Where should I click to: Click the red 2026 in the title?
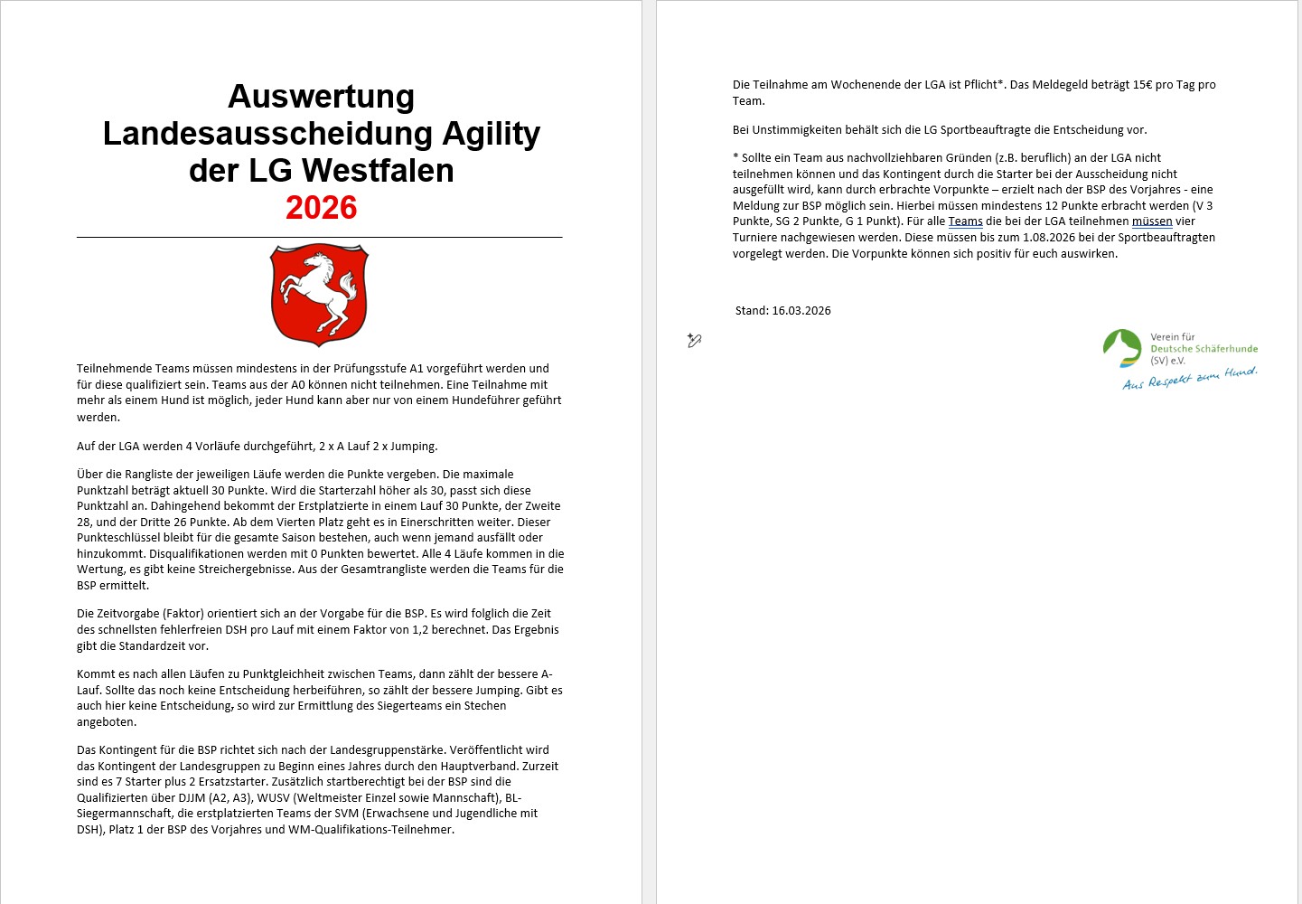(321, 208)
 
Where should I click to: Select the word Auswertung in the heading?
(321, 96)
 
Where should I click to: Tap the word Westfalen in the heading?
(378, 170)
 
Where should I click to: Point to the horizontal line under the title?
(319, 238)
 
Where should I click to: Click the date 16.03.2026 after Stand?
(801, 311)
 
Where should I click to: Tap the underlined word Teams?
(965, 221)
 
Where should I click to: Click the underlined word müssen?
(1152, 221)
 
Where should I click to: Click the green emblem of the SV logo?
(1122, 348)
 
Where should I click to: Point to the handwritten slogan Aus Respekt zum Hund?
(1189, 379)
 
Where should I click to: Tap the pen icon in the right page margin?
(694, 341)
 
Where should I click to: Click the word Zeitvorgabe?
(120, 614)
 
